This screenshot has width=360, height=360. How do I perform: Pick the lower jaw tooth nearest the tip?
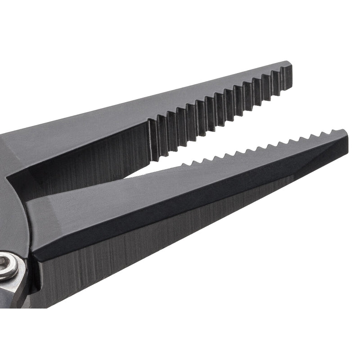(x=333, y=131)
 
